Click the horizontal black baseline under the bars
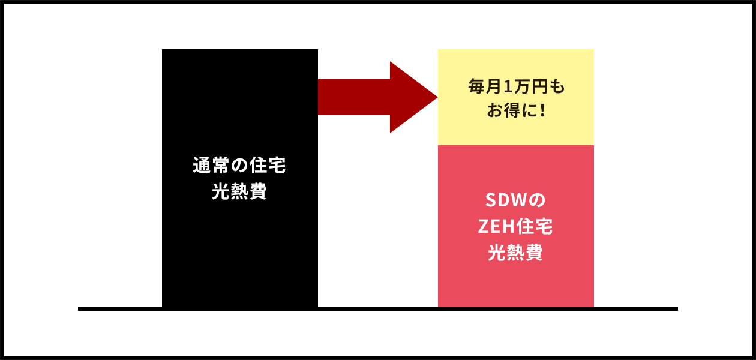[x=378, y=309]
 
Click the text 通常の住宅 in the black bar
[x=239, y=166]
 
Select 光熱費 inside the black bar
[x=239, y=193]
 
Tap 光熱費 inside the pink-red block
[x=515, y=253]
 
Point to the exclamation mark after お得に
[x=542, y=112]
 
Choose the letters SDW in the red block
[x=506, y=199]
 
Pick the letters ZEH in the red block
[x=497, y=227]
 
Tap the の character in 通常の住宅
[x=239, y=166]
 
